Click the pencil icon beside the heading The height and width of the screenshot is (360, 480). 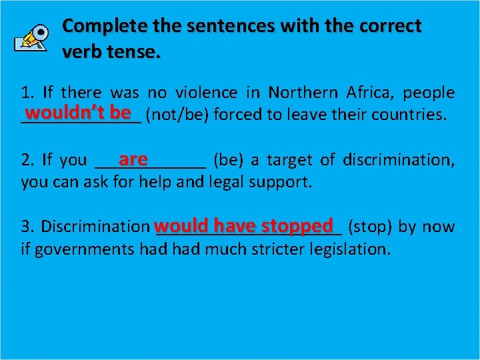tap(31, 38)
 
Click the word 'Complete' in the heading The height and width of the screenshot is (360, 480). tap(100, 26)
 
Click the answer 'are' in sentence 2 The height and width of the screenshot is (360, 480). tap(133, 159)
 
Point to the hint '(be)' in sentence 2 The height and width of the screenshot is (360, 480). tap(228, 160)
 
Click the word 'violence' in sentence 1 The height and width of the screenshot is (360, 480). tap(206, 93)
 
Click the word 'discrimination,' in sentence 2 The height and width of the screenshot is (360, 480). tap(399, 160)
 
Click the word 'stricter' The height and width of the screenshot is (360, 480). tap(279, 249)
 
